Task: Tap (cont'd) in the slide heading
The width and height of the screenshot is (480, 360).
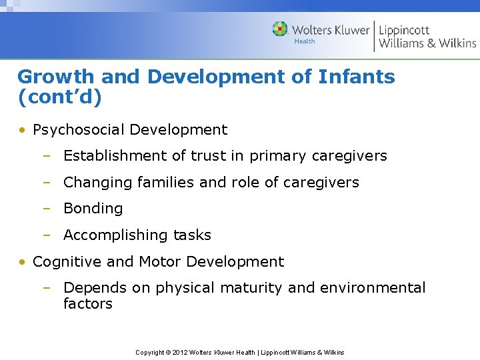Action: [x=60, y=98]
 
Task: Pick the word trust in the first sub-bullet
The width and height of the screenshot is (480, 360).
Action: [x=209, y=156]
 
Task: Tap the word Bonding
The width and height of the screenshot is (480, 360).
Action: [x=93, y=209]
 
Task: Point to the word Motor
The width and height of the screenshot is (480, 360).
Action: [x=160, y=262]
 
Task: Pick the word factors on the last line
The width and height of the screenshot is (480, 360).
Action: [x=87, y=304]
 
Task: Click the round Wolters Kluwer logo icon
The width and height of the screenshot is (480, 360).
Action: [x=280, y=29]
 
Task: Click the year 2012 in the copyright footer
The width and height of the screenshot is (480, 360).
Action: [x=179, y=352]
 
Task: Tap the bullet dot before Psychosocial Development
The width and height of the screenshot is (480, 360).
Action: [x=22, y=131]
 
